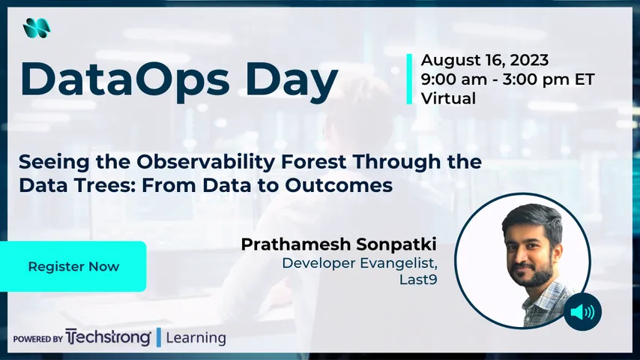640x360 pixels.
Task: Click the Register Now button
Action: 73,266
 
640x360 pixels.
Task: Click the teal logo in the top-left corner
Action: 35,28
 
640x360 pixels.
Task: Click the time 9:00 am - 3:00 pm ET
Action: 507,79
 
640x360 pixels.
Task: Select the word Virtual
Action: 448,98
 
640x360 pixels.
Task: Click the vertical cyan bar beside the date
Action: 409,79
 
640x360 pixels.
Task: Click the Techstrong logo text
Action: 109,337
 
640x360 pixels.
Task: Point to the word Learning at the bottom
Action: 196,337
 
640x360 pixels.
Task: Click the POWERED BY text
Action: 37,339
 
